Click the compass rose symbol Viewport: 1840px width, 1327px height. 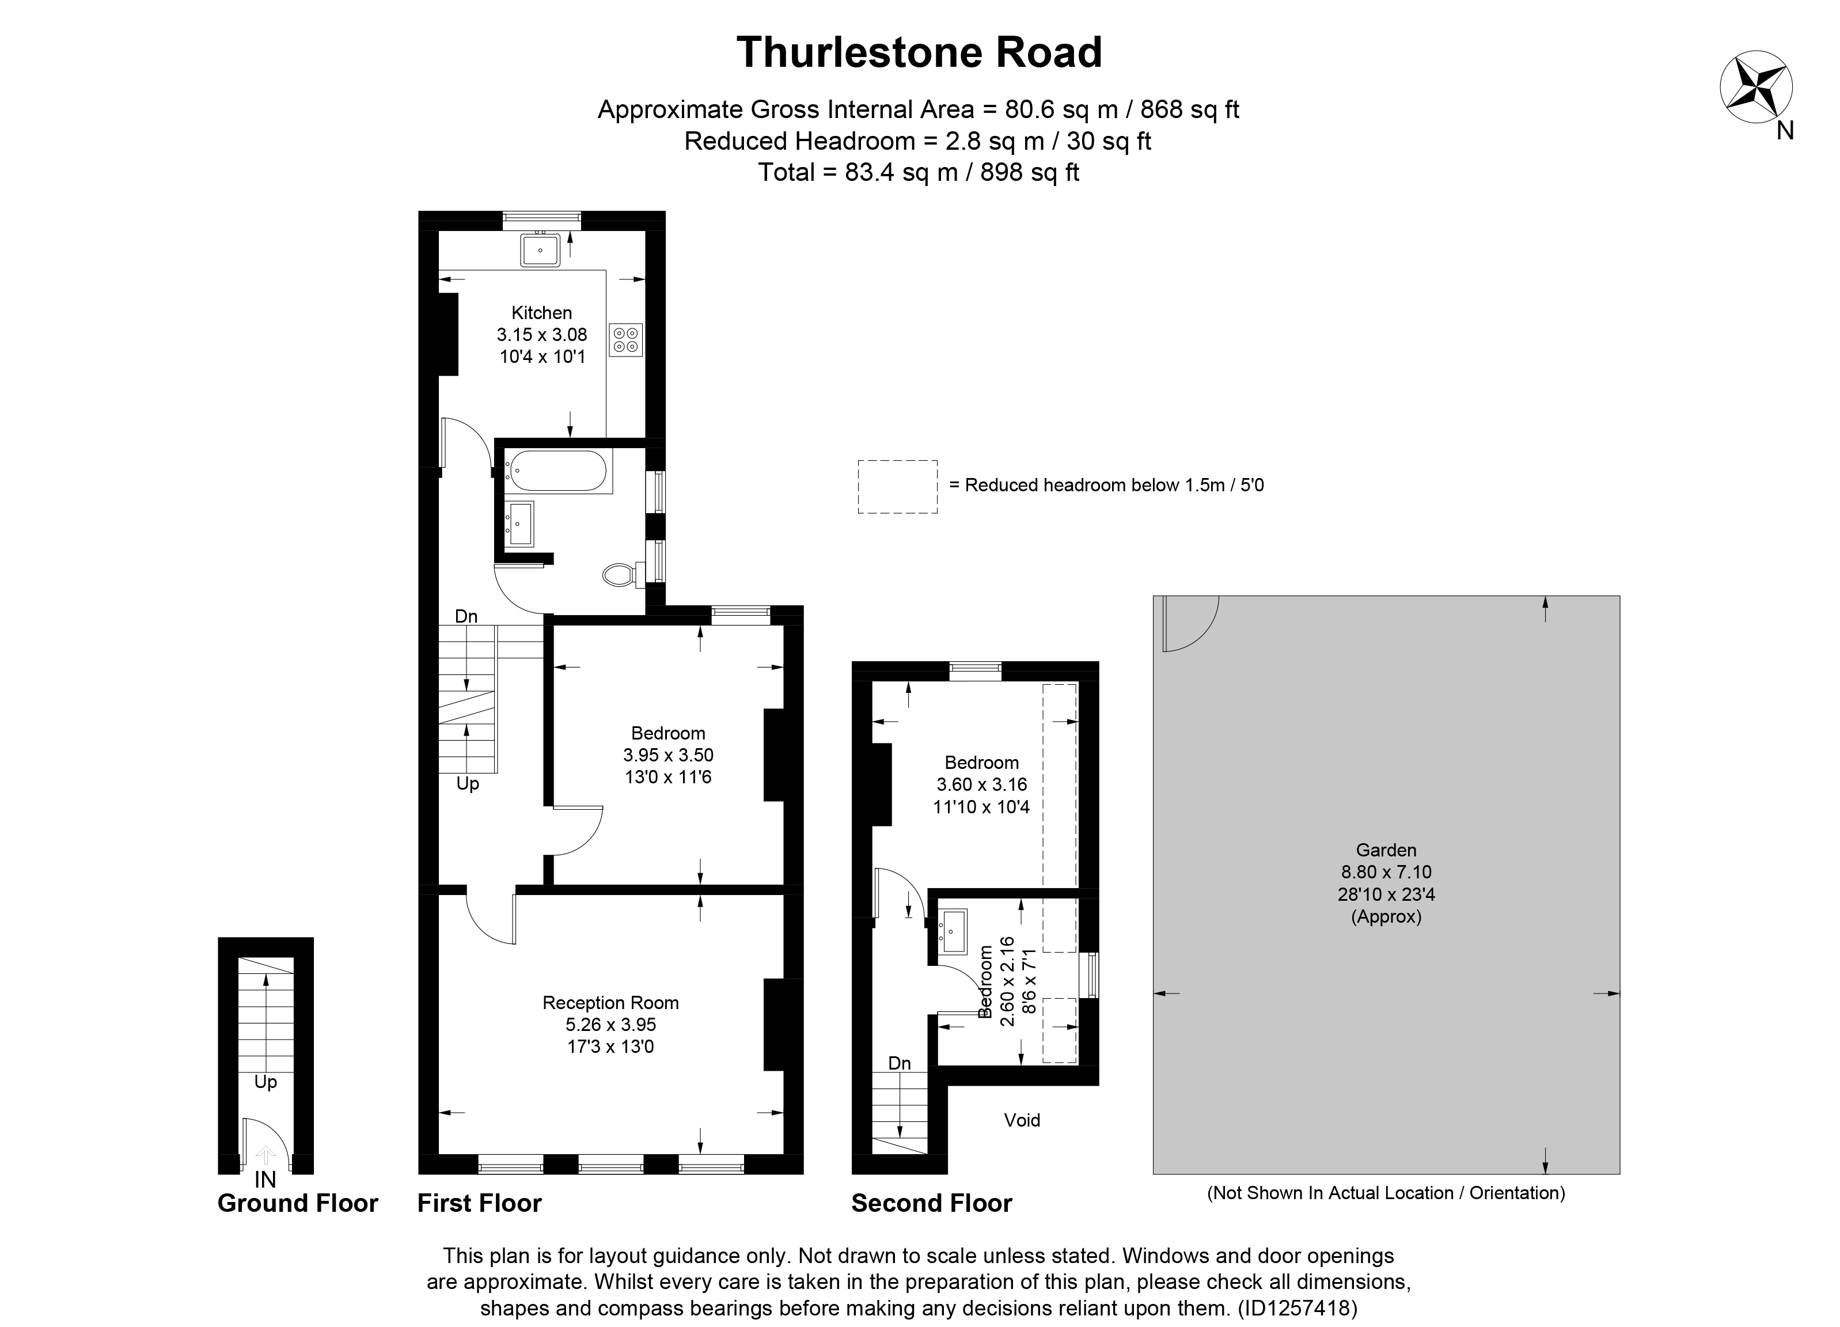pyautogui.click(x=1755, y=87)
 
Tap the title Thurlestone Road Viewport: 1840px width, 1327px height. pyautogui.click(x=919, y=53)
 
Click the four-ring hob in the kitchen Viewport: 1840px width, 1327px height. pyautogui.click(x=625, y=340)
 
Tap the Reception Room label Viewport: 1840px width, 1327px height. pyautogui.click(x=610, y=1003)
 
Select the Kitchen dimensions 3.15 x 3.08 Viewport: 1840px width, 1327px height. pyautogui.click(x=542, y=334)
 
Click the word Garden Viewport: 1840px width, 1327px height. pyautogui.click(x=1386, y=850)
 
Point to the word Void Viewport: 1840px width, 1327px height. pyautogui.click(x=1022, y=1120)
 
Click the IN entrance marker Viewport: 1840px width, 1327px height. pyautogui.click(x=265, y=1180)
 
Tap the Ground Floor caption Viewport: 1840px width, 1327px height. pyautogui.click(x=298, y=1203)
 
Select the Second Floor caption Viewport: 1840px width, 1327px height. pyautogui.click(x=931, y=1203)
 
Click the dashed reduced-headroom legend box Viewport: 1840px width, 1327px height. pyautogui.click(x=897, y=487)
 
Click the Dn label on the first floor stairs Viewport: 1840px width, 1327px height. pyautogui.click(x=466, y=616)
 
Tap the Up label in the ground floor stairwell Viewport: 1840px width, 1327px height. pyautogui.click(x=265, y=1082)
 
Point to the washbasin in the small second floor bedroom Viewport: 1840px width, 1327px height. pyautogui.click(x=954, y=931)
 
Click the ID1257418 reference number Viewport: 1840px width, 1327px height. pyautogui.click(x=1296, y=1309)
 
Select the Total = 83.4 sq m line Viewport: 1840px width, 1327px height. pyautogui.click(x=919, y=173)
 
